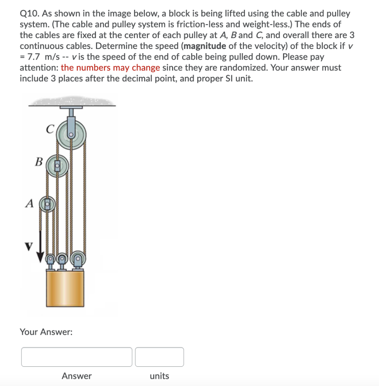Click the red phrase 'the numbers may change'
110,68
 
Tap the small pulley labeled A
48,204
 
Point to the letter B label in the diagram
38,162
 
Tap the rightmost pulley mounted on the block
78,259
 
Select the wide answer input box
77,357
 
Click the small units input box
160,357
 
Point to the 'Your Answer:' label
46,332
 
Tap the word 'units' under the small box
160,376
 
